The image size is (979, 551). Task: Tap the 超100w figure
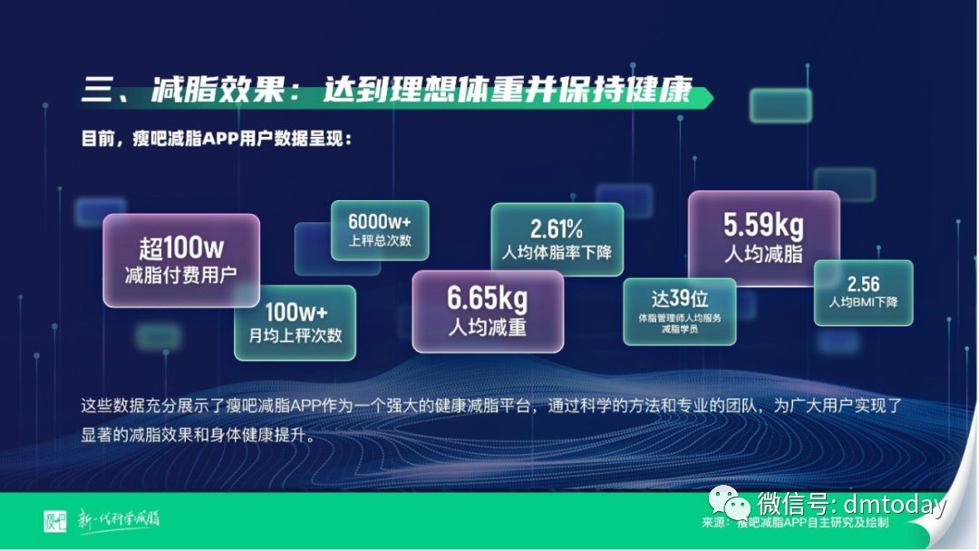tap(181, 247)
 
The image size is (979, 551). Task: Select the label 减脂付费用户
tap(181, 275)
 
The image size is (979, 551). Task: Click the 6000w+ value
tap(380, 221)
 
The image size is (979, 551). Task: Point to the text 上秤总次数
tap(380, 241)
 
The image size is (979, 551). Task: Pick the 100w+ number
tap(296, 312)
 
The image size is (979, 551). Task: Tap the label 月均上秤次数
tap(296, 335)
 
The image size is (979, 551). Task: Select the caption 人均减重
tap(488, 327)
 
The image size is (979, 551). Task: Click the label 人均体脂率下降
tap(557, 251)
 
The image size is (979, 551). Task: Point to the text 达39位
tap(679, 297)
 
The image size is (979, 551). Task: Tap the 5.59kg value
tap(763, 224)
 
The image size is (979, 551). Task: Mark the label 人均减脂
tap(763, 254)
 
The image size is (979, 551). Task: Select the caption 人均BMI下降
tap(863, 302)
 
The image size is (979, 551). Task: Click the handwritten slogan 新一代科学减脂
tap(118, 519)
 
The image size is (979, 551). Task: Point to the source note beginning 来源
tap(794, 523)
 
